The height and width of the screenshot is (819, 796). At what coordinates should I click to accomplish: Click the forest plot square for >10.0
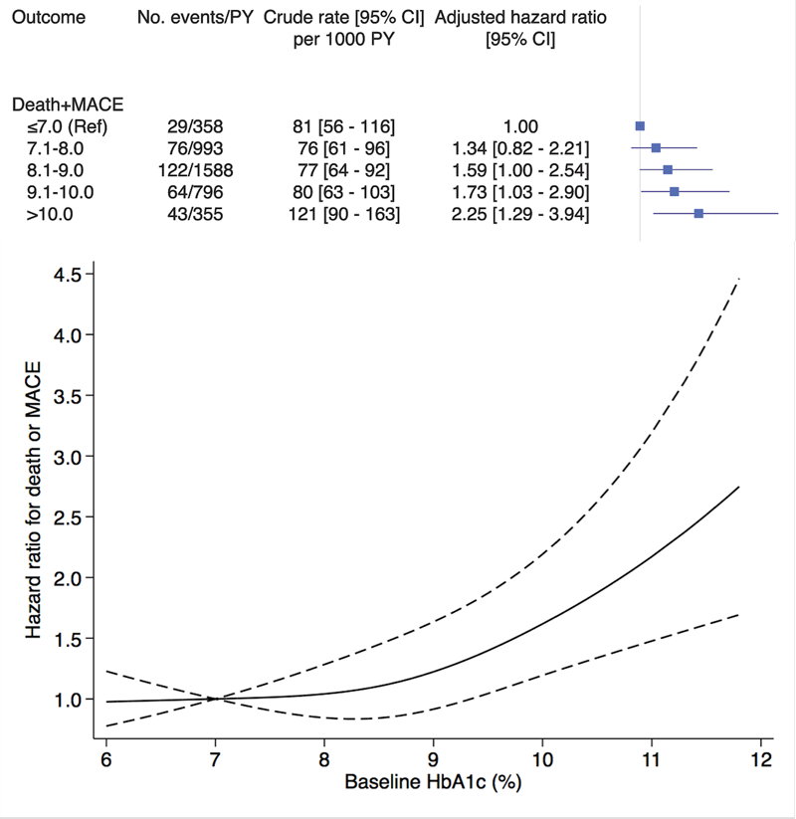(698, 213)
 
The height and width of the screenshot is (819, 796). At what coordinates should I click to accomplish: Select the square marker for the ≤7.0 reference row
(640, 125)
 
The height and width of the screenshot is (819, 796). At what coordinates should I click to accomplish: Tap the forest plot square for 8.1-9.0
(668, 169)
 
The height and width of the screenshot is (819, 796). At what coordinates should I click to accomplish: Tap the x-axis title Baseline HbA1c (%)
(433, 782)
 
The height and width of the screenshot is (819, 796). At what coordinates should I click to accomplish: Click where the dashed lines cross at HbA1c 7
(215, 699)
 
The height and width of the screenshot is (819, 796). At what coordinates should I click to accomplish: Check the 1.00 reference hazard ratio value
(519, 125)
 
